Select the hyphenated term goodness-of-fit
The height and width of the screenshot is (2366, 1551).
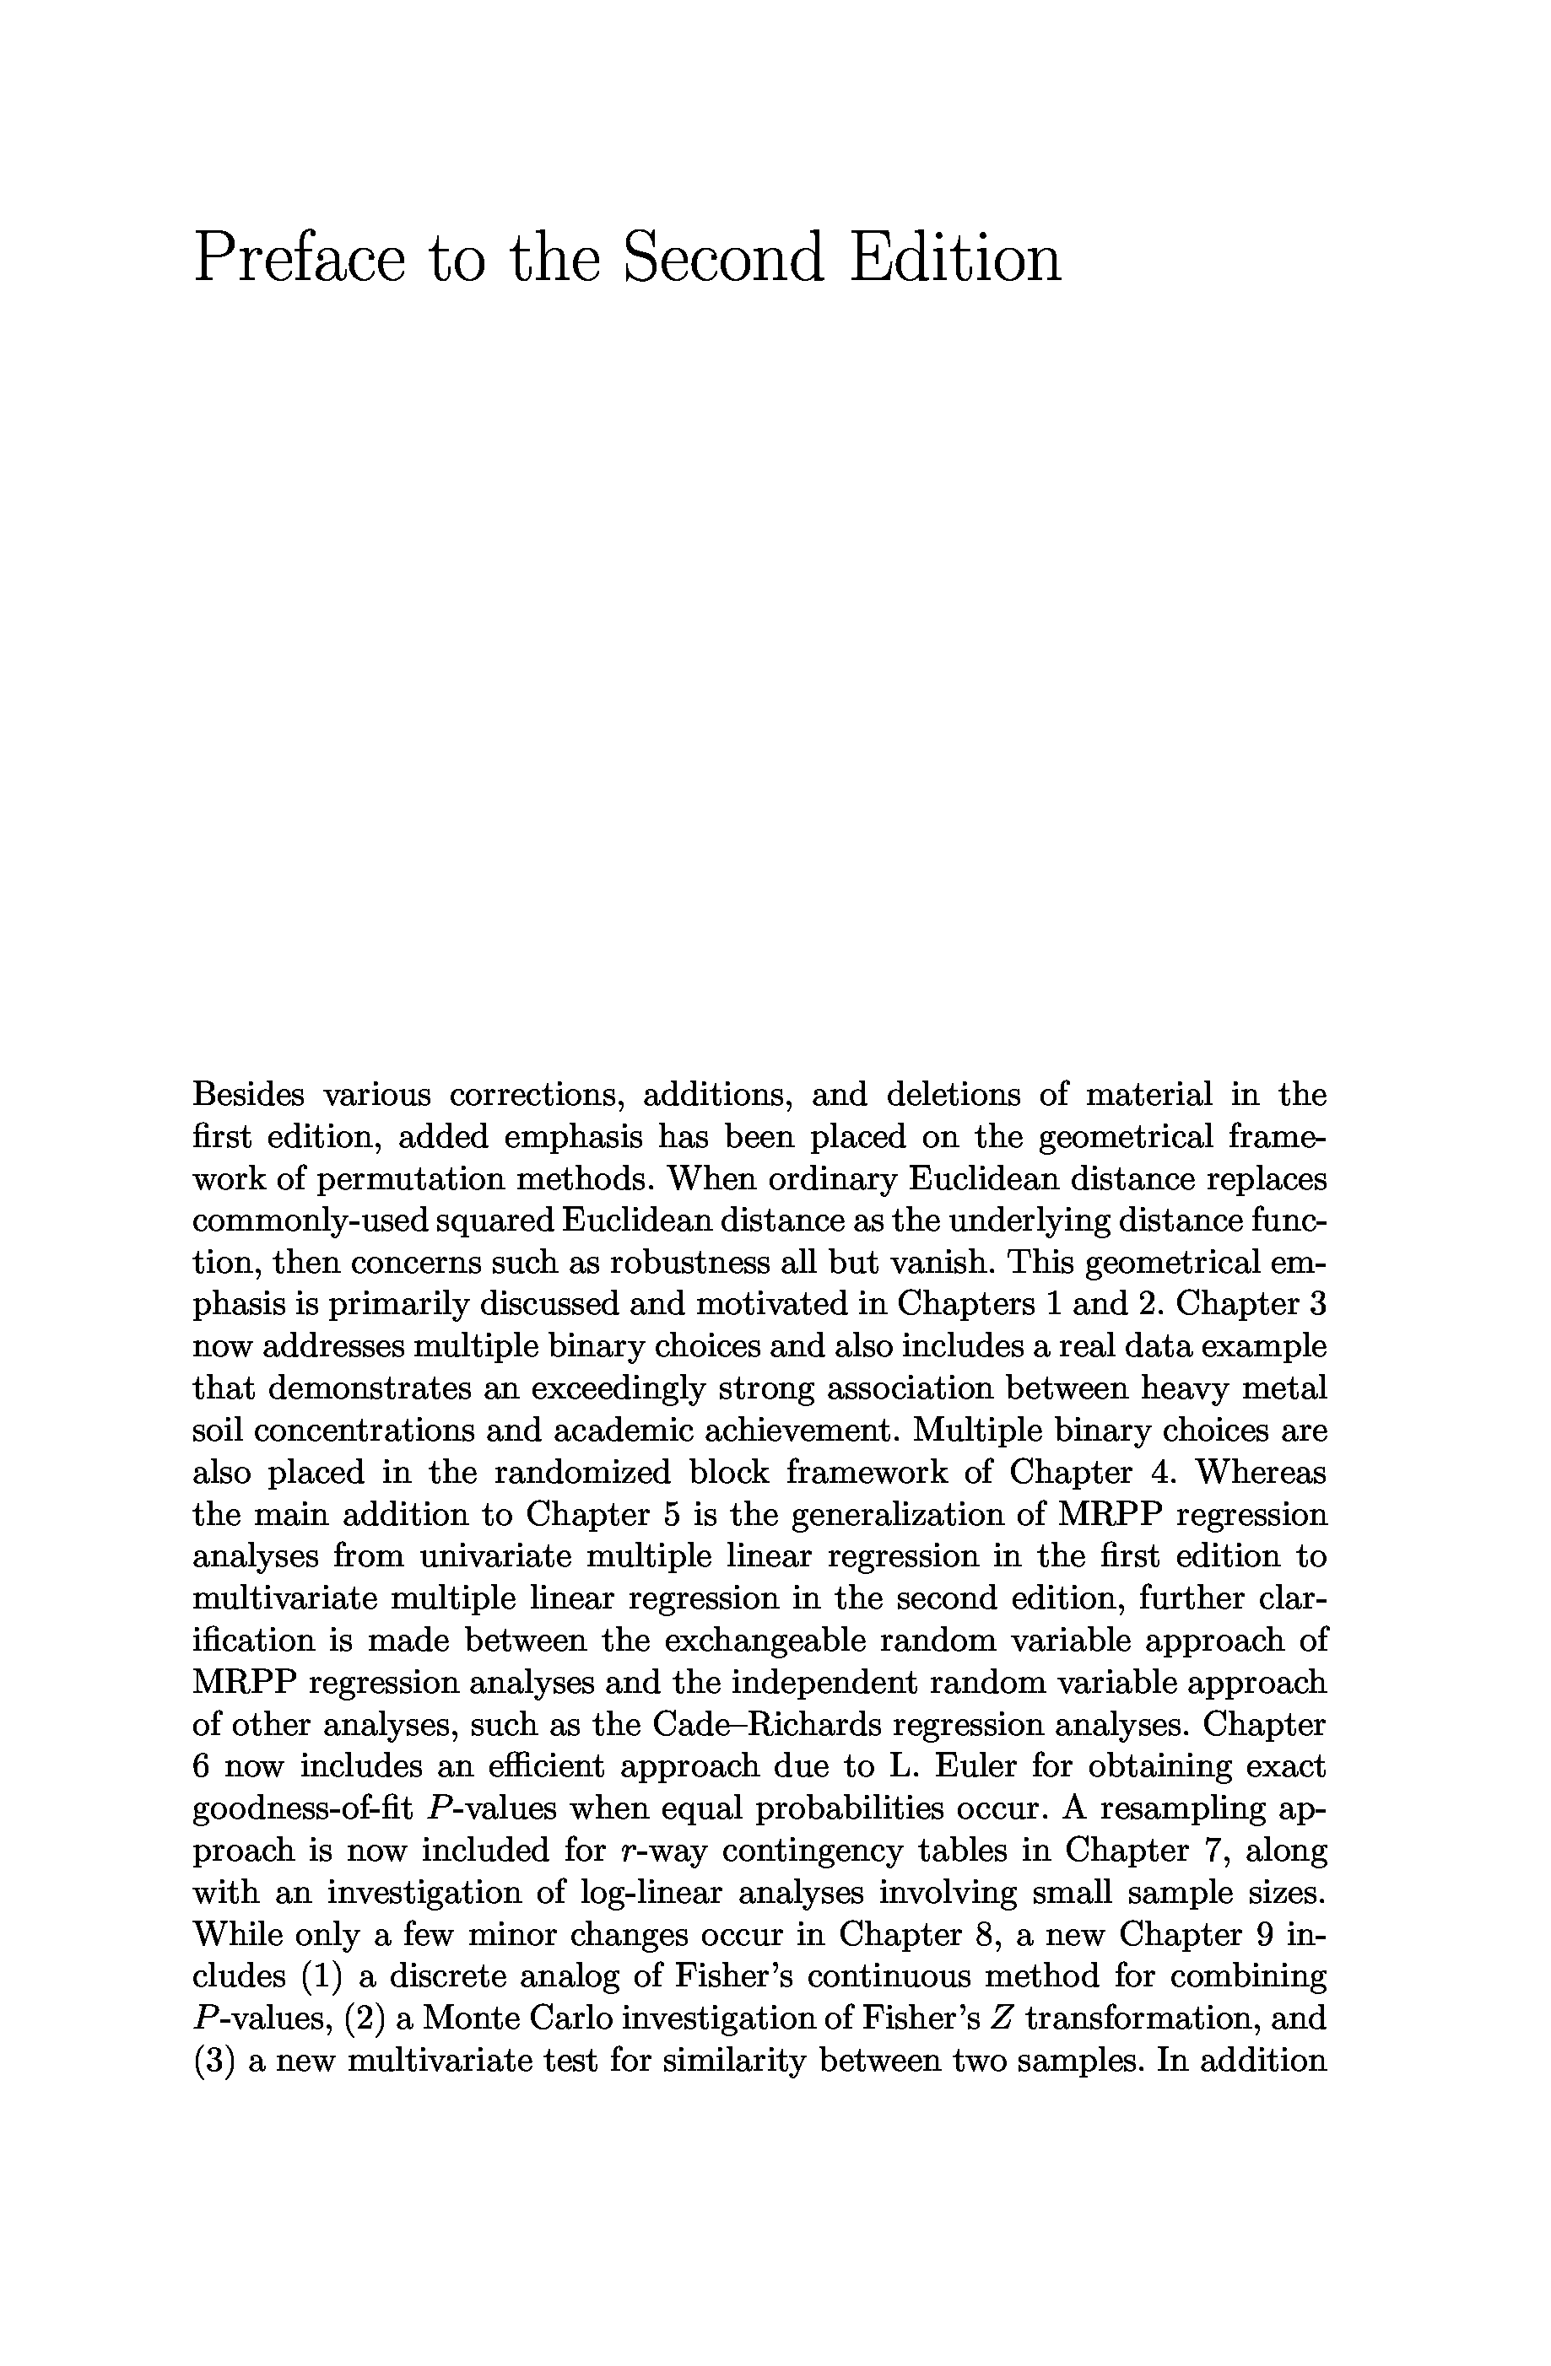(x=302, y=1808)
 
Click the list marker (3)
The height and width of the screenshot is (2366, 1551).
(x=213, y=2060)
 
